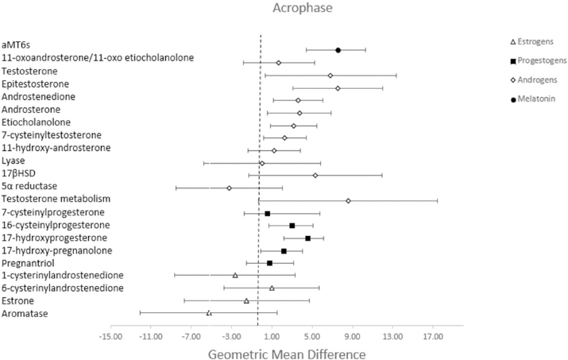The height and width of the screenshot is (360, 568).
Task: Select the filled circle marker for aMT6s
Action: (338, 50)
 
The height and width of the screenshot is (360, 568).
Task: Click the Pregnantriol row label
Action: (29, 262)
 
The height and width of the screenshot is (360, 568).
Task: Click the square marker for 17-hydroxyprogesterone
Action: (308, 238)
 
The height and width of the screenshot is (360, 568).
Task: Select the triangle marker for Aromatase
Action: (209, 313)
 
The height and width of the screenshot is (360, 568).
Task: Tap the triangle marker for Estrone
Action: (246, 300)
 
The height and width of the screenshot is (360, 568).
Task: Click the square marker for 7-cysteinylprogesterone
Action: (268, 214)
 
